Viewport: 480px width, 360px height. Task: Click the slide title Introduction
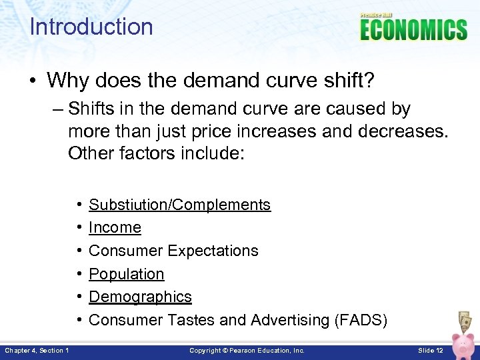click(91, 27)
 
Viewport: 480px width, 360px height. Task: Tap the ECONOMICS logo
click(414, 29)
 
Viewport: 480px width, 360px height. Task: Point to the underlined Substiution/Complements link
click(179, 205)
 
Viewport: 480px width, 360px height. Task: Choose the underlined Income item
click(115, 227)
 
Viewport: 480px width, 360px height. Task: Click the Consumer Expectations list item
click(173, 251)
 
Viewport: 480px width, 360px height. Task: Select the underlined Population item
click(126, 274)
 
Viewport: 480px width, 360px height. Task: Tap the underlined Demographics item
click(140, 297)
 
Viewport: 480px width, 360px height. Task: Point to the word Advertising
click(290, 320)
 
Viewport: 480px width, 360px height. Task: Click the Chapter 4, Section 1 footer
click(36, 350)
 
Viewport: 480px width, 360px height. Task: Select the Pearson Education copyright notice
click(247, 350)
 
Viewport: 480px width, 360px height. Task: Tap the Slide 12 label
click(430, 350)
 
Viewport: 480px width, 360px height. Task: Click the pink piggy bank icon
click(463, 345)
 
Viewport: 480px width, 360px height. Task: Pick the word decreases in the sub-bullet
click(403, 131)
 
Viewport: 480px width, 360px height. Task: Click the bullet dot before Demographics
click(79, 297)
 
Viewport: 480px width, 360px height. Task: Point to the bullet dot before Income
click(79, 227)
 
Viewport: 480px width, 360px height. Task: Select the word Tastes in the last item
click(191, 320)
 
